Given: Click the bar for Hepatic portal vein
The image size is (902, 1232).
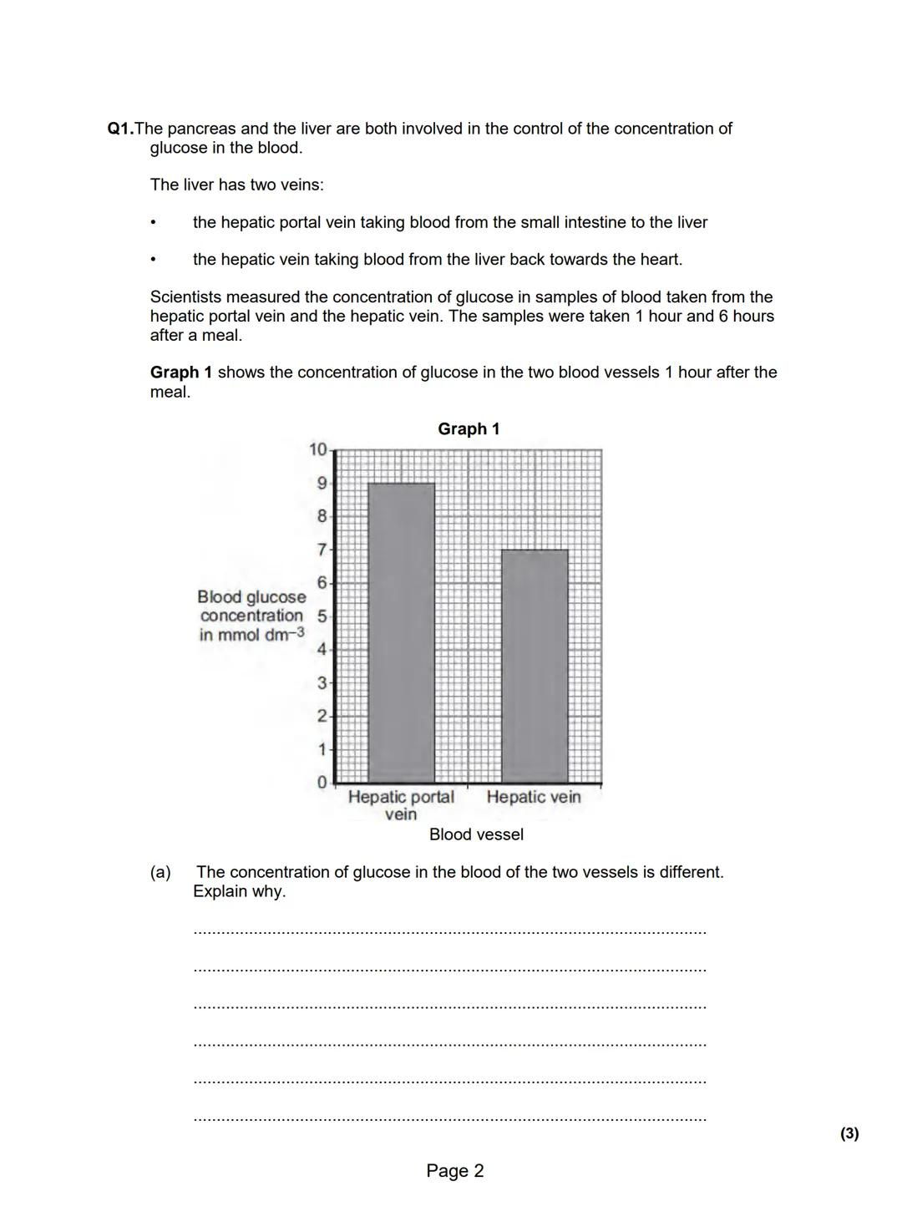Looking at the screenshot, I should point(401,632).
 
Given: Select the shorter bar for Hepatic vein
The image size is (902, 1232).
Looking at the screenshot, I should point(535,666).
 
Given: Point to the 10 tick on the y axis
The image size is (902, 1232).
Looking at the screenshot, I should point(317,449).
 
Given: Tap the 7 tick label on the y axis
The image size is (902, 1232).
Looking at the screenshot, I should point(322,550).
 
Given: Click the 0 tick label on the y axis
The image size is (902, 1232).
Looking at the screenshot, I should point(322,783).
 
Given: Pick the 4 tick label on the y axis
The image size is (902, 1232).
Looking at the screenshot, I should point(322,649).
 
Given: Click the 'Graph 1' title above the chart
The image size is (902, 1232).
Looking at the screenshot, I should point(469,428).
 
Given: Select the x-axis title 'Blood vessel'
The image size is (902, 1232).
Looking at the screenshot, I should point(476,834).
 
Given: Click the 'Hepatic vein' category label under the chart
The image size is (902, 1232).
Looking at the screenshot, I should point(533,797).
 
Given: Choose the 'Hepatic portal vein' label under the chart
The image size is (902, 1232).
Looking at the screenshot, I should point(401,805).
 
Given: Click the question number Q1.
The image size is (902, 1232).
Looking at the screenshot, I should point(120,129).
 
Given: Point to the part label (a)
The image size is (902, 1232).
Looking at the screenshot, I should point(160,872).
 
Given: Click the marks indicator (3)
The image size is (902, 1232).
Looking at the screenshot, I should point(849,1133).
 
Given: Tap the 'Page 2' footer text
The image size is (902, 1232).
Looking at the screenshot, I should point(454,1171).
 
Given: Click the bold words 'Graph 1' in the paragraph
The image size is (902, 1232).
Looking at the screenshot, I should point(180,373).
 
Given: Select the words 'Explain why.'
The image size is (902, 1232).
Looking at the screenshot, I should point(239,891).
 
